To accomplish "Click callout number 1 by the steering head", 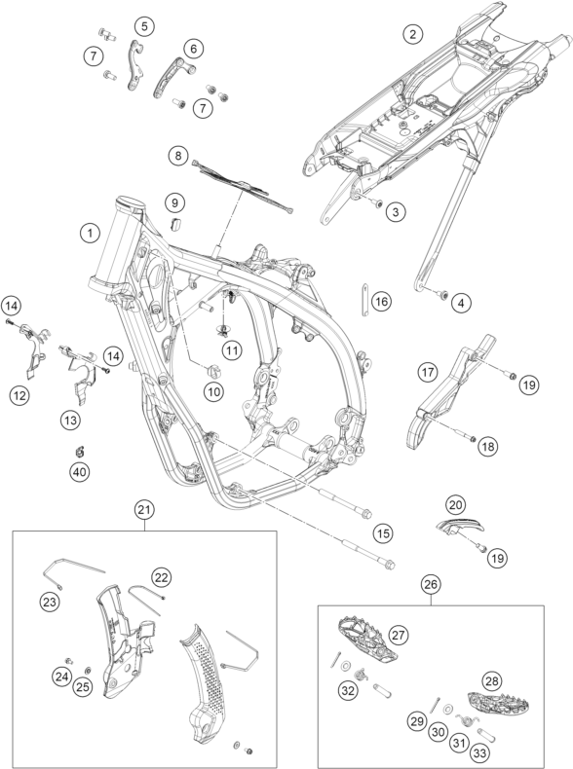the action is pyautogui.click(x=90, y=233).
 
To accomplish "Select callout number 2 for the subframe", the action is pyautogui.click(x=412, y=34).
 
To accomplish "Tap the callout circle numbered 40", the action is pyautogui.click(x=80, y=472).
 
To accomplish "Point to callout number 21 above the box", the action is pyautogui.click(x=144, y=510).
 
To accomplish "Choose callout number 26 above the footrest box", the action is pyautogui.click(x=431, y=584).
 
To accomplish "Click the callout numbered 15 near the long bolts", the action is pyautogui.click(x=383, y=533).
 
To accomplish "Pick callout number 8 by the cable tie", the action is pyautogui.click(x=177, y=156).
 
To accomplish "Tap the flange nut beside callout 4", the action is pyautogui.click(x=442, y=295).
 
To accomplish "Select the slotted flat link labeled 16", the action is pyautogui.click(x=365, y=299).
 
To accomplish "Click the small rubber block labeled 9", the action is pyautogui.click(x=175, y=224).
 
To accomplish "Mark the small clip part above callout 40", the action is pyautogui.click(x=79, y=451).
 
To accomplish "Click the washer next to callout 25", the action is pyautogui.click(x=89, y=671).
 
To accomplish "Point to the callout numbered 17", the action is pyautogui.click(x=428, y=372).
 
